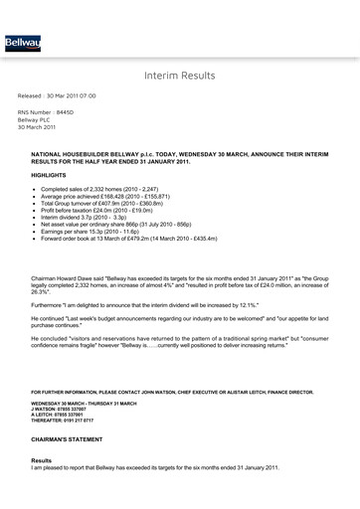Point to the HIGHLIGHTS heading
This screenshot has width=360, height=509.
pyautogui.click(x=50, y=174)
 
